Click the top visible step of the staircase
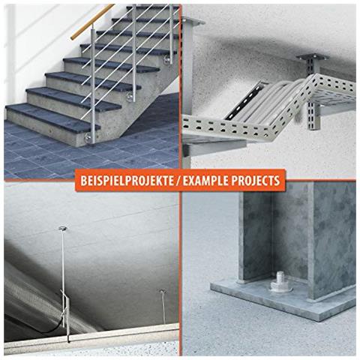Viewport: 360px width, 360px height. (150, 9)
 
